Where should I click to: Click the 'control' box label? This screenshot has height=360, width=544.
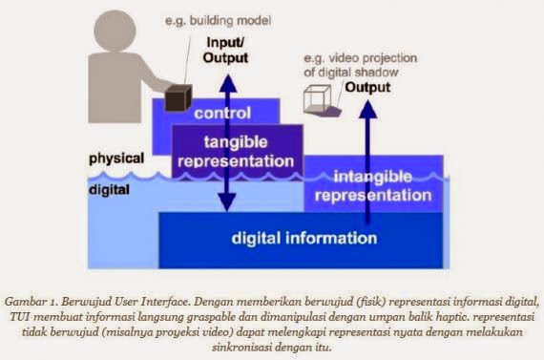click(x=221, y=114)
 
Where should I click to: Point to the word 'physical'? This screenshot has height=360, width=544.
click(x=115, y=157)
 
